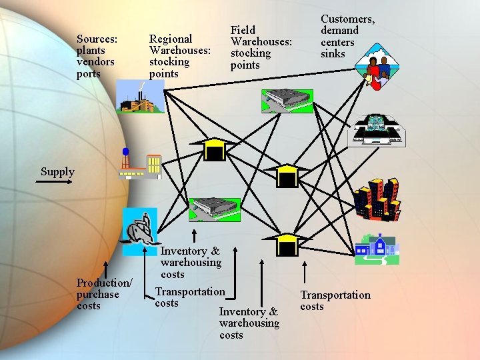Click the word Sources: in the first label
(x=97, y=39)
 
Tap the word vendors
(x=95, y=62)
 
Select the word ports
(x=89, y=73)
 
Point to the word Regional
(x=171, y=39)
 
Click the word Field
(x=243, y=30)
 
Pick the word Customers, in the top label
(x=347, y=19)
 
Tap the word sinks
(x=333, y=53)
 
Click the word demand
(x=339, y=31)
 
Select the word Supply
(x=57, y=171)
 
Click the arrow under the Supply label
(x=57, y=182)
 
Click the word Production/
(x=105, y=283)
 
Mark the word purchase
(x=97, y=294)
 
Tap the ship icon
(x=139, y=227)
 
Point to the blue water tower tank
(x=125, y=152)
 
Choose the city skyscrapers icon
(x=377, y=199)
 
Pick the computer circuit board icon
(x=377, y=130)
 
